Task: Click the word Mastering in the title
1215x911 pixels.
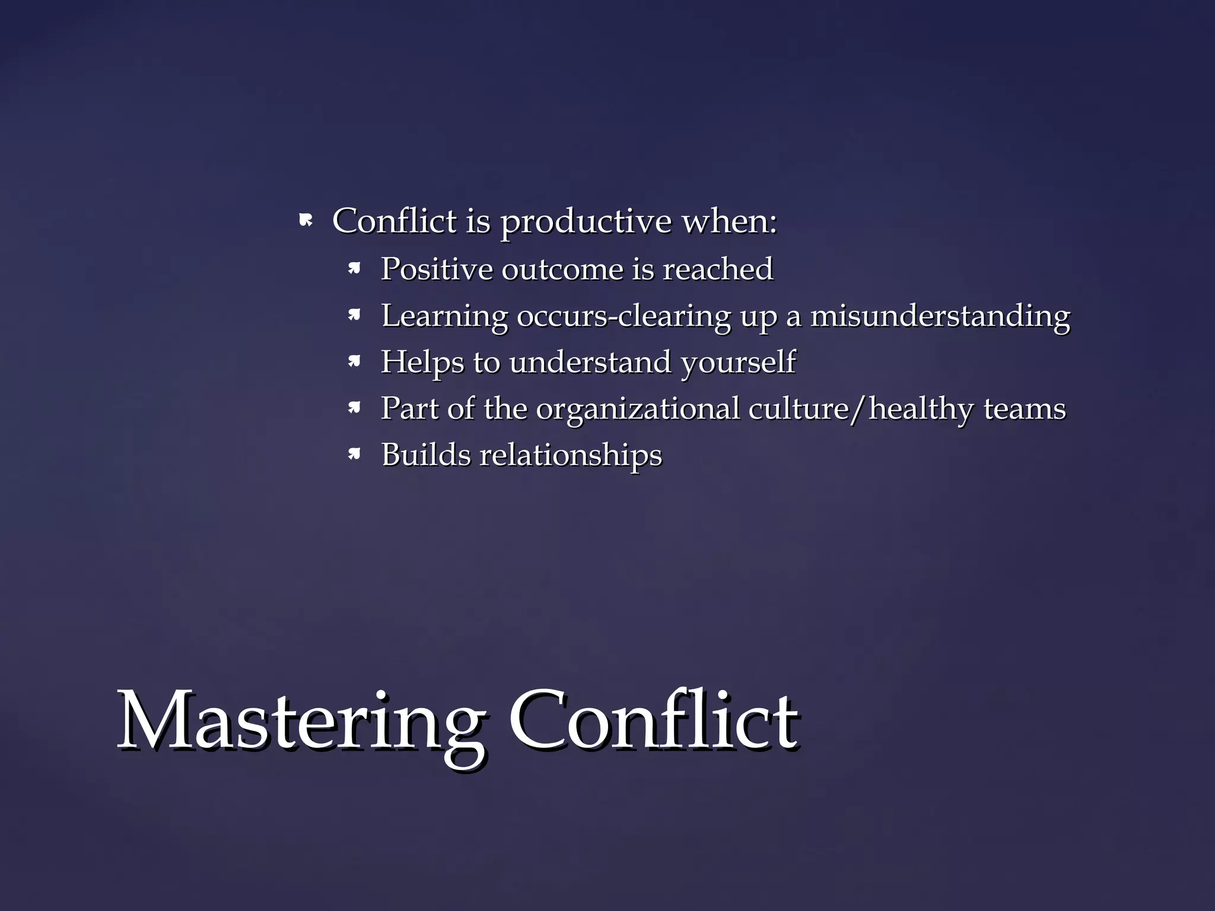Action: pos(300,724)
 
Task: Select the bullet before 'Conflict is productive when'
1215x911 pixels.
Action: pos(306,222)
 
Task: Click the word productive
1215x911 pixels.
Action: pos(586,223)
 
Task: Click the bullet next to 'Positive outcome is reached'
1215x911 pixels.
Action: pos(354,269)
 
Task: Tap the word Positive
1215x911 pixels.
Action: pos(436,269)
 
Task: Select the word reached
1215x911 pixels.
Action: pos(718,269)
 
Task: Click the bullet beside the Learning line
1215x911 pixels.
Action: pos(354,316)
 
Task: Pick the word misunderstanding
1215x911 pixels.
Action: pos(940,316)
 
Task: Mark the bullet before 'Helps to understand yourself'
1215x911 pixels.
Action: pos(354,362)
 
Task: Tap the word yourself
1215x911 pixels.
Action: pos(738,362)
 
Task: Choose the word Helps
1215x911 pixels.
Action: pos(422,362)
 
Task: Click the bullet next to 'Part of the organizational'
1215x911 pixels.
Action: pos(354,408)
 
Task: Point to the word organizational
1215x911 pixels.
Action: pos(638,409)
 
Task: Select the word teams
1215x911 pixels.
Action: pos(1025,409)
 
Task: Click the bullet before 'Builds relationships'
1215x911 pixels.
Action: pos(354,455)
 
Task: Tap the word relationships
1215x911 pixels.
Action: pos(571,455)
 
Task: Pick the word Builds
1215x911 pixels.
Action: pos(426,455)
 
